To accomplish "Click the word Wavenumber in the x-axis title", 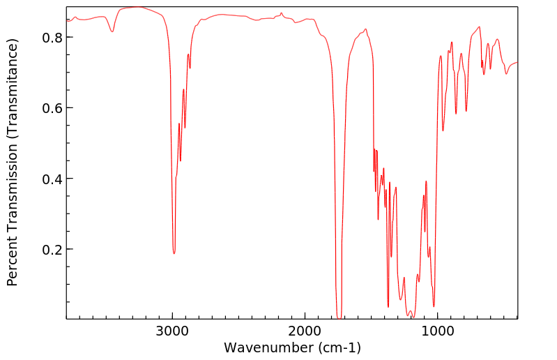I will tap(266, 347).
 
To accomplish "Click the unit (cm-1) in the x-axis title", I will tap(338, 347).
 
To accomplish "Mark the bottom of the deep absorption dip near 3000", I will tap(174, 253).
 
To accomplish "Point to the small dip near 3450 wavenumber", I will tap(112, 31).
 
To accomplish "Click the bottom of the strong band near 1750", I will tap(339, 317).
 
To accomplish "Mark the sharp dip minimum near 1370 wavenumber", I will tap(388, 306).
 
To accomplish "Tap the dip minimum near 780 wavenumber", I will tap(466, 110).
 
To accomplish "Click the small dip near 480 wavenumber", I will tap(506, 73).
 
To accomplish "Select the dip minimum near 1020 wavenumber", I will tap(434, 306).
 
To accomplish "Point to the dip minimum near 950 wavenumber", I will tap(443, 130).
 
